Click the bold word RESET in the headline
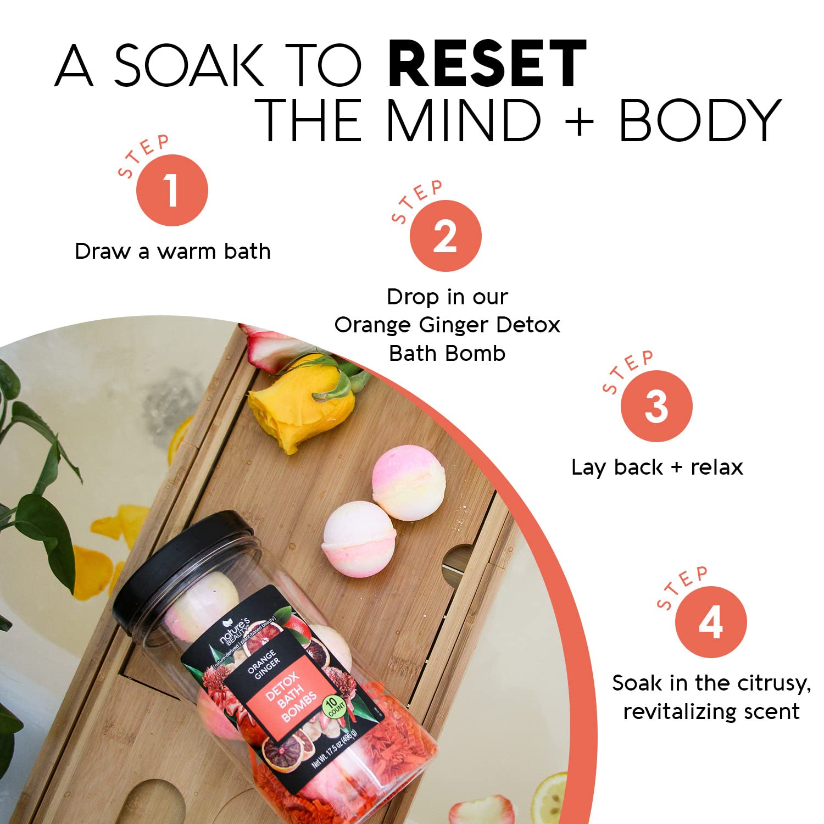487,64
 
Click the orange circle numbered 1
172,190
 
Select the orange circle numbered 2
446,236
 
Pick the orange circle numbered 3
656,406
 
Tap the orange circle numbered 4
711,622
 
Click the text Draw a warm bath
172,252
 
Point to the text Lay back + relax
657,467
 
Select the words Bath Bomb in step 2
447,353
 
